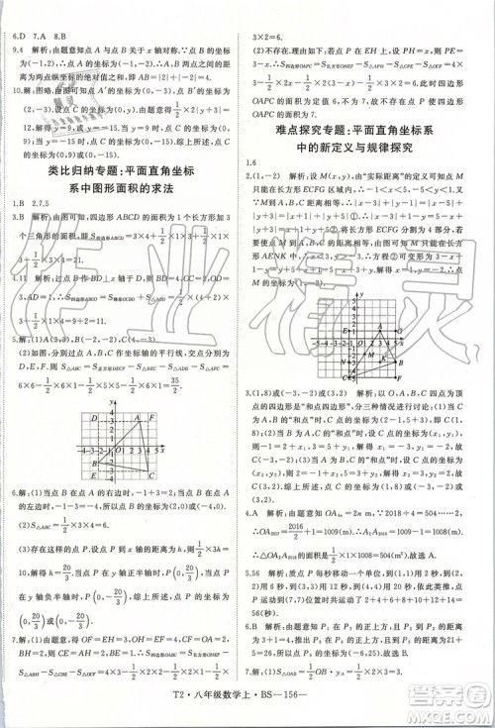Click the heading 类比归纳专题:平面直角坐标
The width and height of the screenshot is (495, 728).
point(127,172)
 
